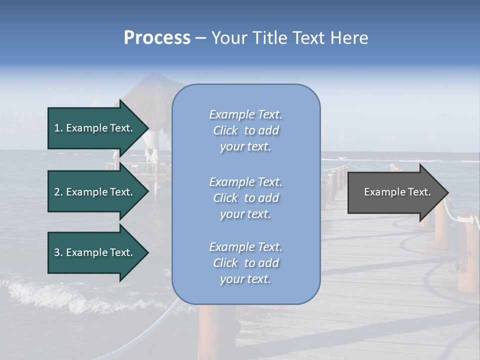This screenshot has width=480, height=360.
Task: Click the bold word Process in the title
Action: [157, 38]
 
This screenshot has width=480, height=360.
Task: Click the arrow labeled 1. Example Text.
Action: [95, 128]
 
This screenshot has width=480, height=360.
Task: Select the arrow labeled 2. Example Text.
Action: [95, 192]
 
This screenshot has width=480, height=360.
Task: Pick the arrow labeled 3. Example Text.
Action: [95, 252]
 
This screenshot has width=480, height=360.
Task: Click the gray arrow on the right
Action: [395, 192]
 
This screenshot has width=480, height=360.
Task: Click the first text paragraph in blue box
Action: [245, 130]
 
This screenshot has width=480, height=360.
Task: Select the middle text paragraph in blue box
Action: [245, 198]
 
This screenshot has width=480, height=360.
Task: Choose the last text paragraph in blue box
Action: [245, 263]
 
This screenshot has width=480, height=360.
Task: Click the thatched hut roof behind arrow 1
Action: [150, 90]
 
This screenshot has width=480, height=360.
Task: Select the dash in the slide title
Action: [201, 38]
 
